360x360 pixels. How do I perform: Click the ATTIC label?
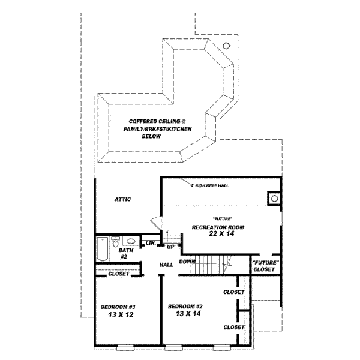click(122, 200)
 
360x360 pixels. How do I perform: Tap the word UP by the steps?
click(171, 247)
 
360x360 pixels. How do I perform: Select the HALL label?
click(166, 265)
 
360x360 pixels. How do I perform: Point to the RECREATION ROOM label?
click(218, 227)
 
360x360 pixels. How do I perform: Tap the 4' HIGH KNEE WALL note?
click(209, 185)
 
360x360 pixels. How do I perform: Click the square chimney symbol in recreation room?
click(274, 197)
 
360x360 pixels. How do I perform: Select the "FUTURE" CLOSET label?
click(265, 266)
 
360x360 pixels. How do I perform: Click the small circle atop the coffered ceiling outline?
click(226, 46)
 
